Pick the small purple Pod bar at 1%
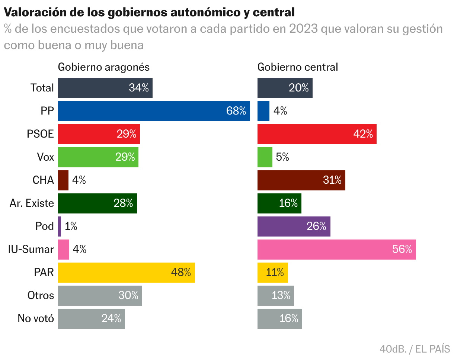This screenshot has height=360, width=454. click(60, 226)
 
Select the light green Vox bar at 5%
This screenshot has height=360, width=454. click(265, 157)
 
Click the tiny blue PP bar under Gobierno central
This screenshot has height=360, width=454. click(263, 111)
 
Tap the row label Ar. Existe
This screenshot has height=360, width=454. click(32, 203)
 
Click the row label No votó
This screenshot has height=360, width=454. click(36, 319)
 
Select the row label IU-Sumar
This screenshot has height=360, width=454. click(31, 250)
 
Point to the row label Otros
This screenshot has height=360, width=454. click(41, 296)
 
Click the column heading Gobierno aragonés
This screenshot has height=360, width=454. click(104, 67)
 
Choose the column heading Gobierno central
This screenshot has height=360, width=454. click(298, 67)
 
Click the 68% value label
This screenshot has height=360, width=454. click(236, 111)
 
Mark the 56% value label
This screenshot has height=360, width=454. click(402, 250)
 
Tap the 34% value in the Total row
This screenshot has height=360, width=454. click(138, 88)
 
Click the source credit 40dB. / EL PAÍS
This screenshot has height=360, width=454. click(415, 349)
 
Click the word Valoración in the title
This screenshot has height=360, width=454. click(33, 12)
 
